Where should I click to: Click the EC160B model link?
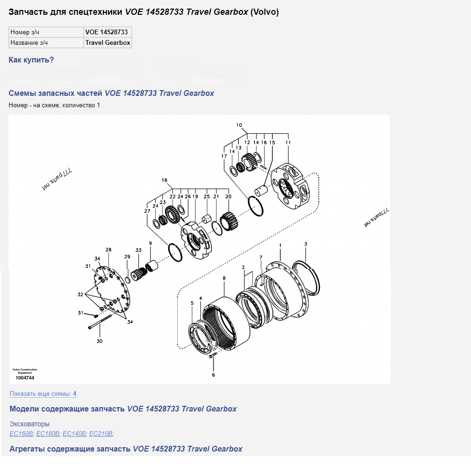point(21,433)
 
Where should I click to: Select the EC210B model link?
point(101,433)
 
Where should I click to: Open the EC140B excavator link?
point(74,433)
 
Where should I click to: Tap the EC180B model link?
point(48,433)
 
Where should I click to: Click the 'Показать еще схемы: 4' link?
point(43,394)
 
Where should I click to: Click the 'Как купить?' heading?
point(31,60)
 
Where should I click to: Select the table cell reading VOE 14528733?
point(106,32)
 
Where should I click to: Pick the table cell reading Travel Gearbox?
point(108,43)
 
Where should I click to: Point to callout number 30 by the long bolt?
point(99,341)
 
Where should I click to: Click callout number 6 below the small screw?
point(213,375)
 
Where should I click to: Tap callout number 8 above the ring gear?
point(224,278)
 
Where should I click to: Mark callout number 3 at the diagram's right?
point(306,244)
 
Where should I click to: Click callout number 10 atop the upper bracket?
point(239,125)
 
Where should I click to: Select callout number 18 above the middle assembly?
point(164,180)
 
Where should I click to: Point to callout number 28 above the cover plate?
point(108,250)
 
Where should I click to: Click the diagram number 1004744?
point(25,378)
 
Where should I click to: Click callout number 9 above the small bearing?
point(150,243)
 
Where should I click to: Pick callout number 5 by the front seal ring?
point(192,303)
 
